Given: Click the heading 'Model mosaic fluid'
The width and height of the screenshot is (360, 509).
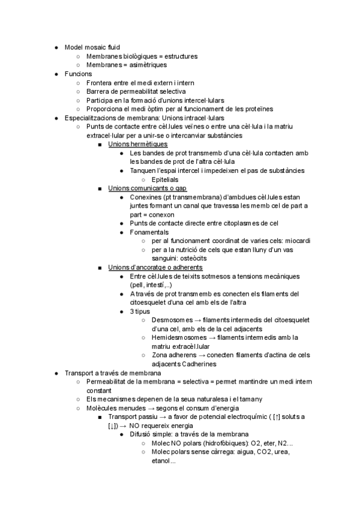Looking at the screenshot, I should coord(92,47).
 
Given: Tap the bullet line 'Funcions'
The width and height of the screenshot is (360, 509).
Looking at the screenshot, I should coord(78,74).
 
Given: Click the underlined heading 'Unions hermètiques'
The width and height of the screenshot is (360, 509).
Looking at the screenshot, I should coord(137,144).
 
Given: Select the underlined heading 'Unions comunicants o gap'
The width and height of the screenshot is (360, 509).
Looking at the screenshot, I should coord(147,188).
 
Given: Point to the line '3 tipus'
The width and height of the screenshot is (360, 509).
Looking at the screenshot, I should coord(140,311).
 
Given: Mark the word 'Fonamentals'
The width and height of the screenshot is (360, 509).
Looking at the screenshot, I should coord(149,232).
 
